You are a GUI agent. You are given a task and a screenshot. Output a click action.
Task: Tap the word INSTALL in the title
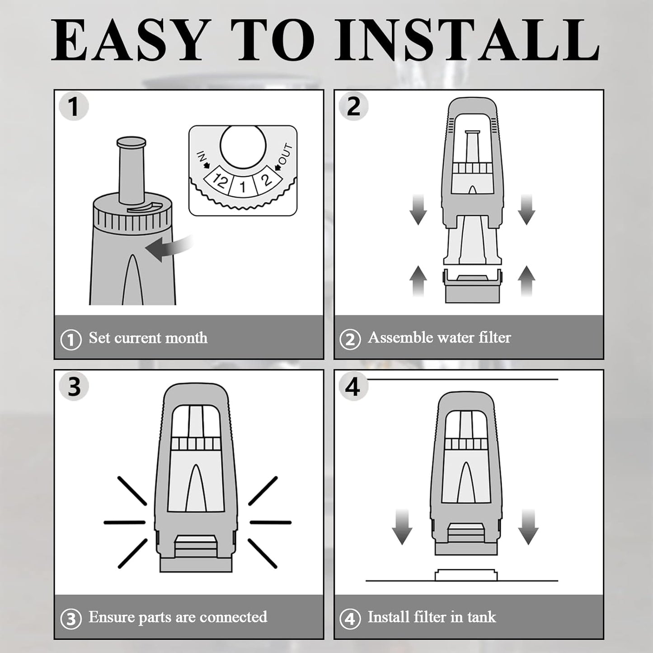[x=467, y=40]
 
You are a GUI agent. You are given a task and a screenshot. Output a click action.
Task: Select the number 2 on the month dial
[x=267, y=179]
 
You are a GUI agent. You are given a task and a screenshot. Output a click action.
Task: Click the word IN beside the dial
[x=202, y=157]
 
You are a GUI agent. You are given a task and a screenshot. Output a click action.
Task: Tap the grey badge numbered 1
[x=74, y=106]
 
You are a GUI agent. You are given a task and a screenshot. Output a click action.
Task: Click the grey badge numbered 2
[x=353, y=106]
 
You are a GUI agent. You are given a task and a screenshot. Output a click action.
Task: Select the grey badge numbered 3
[x=74, y=386]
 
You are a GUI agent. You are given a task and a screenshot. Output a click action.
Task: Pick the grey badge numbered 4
[x=353, y=386]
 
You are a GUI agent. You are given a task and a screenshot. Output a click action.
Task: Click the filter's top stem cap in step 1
[x=132, y=142]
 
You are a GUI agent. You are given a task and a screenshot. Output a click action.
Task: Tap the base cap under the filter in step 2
[x=472, y=286]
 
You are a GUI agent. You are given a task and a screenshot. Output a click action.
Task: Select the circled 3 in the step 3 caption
[x=71, y=619]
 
